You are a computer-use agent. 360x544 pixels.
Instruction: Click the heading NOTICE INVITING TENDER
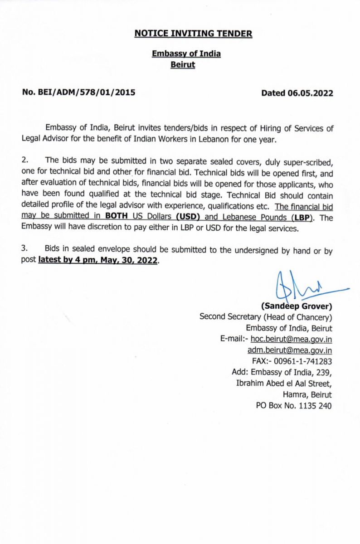[193, 33]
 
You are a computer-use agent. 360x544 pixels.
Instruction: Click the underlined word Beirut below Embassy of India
[183, 65]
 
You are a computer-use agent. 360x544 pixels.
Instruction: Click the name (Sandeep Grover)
[297, 306]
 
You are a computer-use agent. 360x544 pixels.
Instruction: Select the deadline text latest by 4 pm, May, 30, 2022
[98, 261]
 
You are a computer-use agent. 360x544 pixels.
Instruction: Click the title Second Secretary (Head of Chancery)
[266, 317]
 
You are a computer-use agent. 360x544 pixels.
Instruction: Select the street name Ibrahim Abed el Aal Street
[284, 384]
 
